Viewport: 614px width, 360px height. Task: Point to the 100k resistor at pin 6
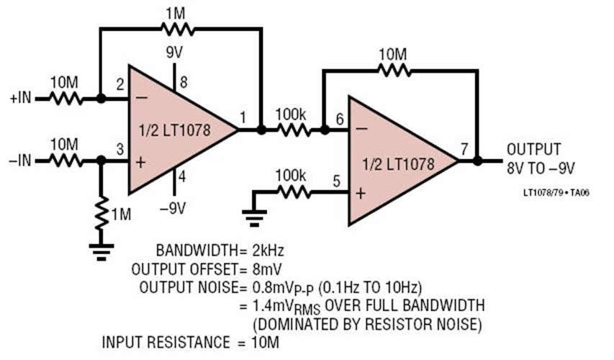coord(292,131)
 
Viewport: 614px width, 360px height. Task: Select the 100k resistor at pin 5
coord(292,192)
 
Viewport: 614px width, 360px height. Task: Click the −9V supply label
coord(176,208)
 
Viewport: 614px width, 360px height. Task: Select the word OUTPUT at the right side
coord(533,150)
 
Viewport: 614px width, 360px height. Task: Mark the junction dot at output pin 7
coord(477,161)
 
